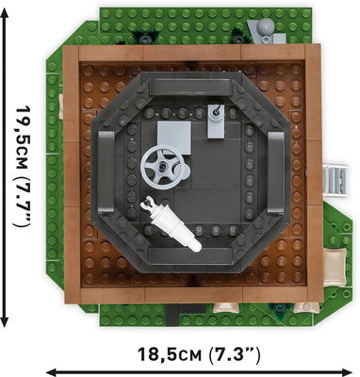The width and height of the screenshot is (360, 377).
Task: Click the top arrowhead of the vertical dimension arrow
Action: coord(5,12)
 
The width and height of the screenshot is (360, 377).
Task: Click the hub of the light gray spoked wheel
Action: coord(162,166)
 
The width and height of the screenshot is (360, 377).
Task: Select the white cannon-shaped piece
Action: coord(172,225)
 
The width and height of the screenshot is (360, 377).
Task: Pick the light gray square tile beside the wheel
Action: coord(173,138)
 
